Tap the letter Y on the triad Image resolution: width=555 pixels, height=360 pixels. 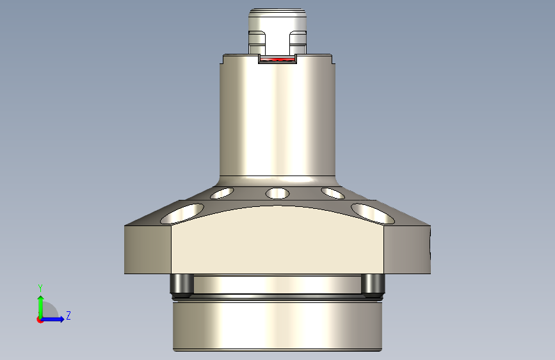[x=40, y=288]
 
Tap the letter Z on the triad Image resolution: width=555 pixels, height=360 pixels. [x=68, y=316]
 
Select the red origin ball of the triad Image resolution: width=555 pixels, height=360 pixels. [x=40, y=320]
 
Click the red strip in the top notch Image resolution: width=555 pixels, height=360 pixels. [x=277, y=60]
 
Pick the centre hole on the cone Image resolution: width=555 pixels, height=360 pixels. [x=277, y=193]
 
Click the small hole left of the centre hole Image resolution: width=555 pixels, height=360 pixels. [x=222, y=192]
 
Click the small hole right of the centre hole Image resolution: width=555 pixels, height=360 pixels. [x=332, y=192]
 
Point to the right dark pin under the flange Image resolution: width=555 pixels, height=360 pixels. [x=373, y=285]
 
